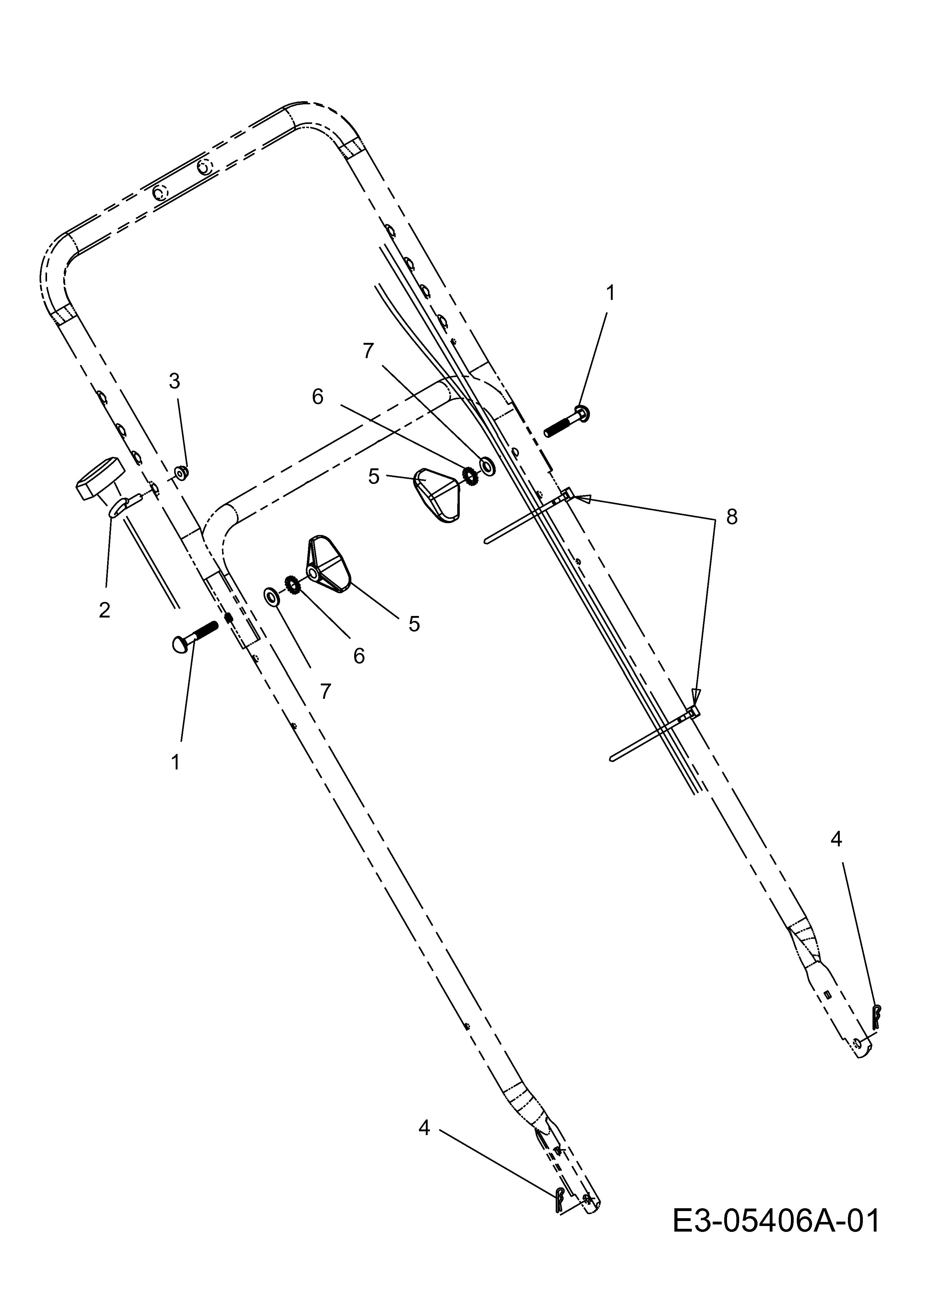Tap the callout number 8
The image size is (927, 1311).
tap(732, 517)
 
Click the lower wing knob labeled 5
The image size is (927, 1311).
tap(328, 564)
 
